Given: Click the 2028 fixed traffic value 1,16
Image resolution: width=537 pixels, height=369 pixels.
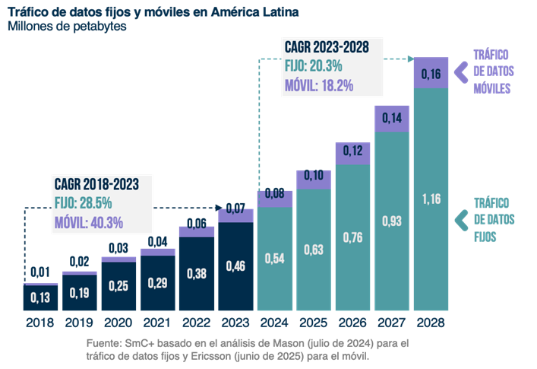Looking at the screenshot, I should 431,199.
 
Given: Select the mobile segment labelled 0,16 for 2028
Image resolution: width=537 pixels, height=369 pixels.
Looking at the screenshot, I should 431,75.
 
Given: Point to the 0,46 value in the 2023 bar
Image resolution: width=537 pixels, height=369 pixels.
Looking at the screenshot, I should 237,267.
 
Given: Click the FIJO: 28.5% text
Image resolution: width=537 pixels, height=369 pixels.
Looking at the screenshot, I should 84,203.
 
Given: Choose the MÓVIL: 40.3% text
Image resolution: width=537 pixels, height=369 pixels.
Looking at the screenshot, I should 88,223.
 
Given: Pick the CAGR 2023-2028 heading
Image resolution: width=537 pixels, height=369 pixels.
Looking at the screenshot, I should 327,47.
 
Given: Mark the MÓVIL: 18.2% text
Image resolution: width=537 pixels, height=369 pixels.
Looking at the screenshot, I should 320,85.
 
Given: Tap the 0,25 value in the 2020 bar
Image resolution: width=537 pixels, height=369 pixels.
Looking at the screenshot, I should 120,285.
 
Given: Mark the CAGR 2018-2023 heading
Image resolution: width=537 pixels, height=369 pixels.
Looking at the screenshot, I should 96,184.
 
